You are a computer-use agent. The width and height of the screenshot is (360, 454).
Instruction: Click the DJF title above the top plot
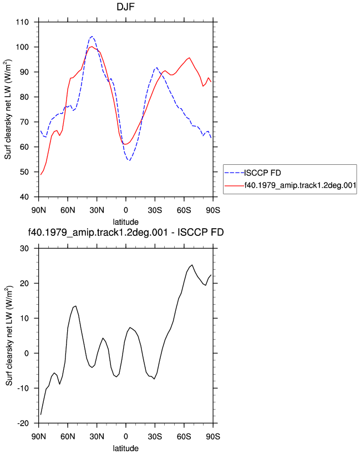click(125, 7)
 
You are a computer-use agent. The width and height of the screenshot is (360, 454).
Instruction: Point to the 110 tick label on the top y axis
click(22, 22)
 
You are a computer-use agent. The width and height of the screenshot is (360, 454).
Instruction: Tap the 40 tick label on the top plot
click(24, 197)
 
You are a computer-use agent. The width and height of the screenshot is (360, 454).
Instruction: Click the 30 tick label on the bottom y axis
click(24, 249)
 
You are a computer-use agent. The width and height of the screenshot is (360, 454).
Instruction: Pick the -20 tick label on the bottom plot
click(23, 423)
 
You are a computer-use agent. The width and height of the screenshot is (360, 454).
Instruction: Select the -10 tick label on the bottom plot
click(23, 389)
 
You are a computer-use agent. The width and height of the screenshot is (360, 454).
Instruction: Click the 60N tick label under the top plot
click(68, 210)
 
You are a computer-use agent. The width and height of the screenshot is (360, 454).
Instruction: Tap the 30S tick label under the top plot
click(155, 210)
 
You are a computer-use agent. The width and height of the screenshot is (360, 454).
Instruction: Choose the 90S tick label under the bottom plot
click(213, 437)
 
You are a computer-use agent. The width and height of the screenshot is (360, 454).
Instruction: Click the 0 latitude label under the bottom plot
click(125, 437)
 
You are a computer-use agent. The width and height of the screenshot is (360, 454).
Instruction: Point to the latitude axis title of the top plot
click(125, 222)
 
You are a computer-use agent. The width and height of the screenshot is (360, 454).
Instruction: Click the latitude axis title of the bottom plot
click(125, 448)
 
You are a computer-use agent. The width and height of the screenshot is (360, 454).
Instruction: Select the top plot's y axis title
click(8, 109)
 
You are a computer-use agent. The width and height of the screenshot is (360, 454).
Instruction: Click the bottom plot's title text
click(125, 232)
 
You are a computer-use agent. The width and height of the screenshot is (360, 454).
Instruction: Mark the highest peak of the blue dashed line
click(92, 37)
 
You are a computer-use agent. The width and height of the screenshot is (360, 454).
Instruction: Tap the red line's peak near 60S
click(190, 58)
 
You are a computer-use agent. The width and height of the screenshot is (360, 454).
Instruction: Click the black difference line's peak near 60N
click(75, 306)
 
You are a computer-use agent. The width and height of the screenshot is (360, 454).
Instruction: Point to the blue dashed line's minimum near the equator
click(129, 160)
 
